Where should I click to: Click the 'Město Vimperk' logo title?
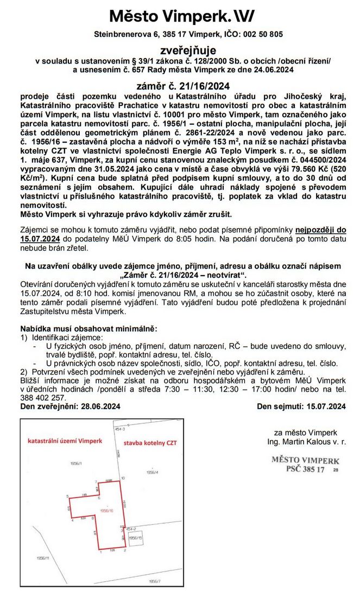(x=179, y=16)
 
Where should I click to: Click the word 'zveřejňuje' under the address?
(x=180, y=49)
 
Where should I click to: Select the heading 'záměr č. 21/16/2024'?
(x=180, y=85)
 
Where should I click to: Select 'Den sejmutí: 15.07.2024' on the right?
(x=301, y=406)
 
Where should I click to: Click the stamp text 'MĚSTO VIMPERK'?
(x=305, y=460)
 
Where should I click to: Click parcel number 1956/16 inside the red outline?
(x=107, y=511)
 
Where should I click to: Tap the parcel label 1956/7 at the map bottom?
(x=155, y=582)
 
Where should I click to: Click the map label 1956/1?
(x=75, y=463)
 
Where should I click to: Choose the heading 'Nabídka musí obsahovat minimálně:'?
(x=88, y=329)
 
